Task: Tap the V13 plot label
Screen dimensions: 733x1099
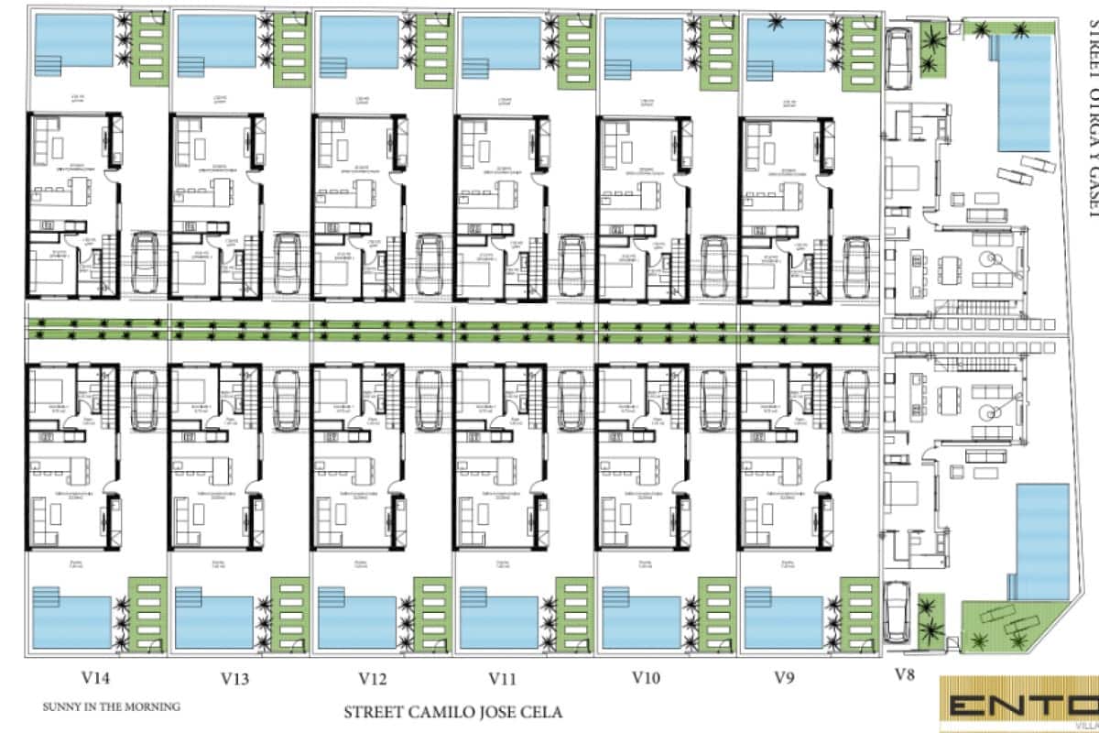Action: [236, 679]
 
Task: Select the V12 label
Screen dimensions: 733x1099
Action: [373, 679]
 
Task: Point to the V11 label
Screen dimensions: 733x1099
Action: [503, 679]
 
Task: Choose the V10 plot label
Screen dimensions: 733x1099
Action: [647, 679]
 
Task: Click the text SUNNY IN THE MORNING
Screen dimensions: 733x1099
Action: [111, 706]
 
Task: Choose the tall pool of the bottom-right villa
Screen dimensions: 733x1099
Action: [1043, 542]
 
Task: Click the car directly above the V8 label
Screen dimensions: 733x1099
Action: [900, 613]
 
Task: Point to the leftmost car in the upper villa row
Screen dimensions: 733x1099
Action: [144, 261]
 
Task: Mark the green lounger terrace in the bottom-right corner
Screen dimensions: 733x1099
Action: [1007, 628]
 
